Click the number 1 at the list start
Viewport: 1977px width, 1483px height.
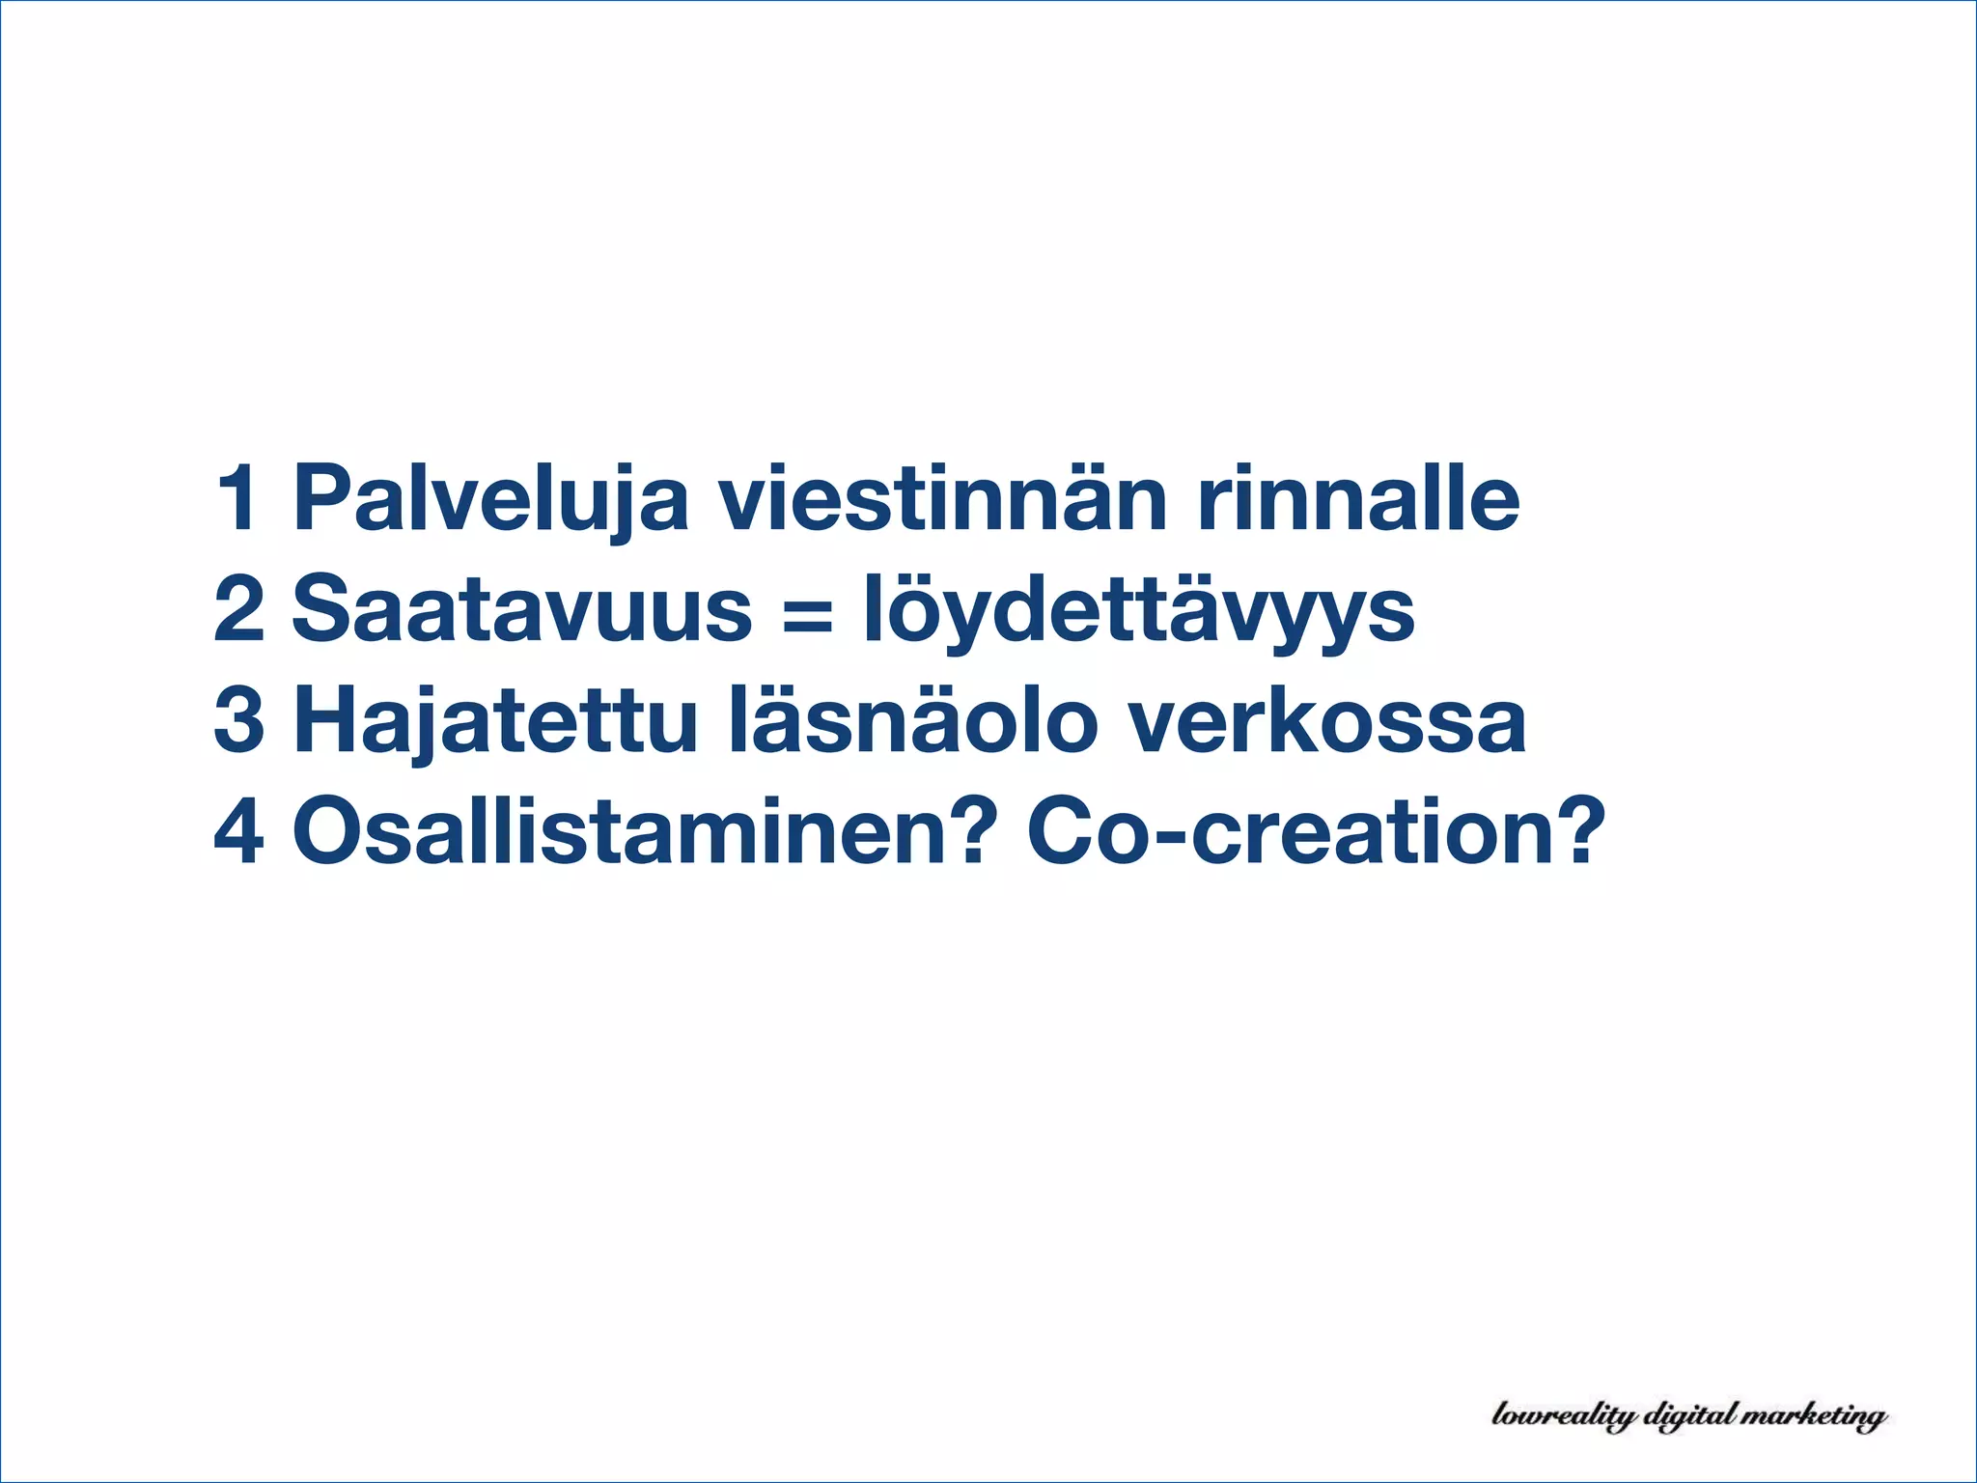[239, 498]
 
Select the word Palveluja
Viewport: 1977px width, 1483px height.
[490, 500]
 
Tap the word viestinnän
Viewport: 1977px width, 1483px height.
[941, 498]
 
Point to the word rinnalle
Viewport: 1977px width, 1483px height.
[1358, 498]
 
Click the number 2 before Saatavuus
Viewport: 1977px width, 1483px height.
[239, 609]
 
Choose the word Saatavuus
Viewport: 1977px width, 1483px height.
[521, 609]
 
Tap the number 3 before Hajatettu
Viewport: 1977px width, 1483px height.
[239, 720]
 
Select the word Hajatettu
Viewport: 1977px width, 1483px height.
[494, 722]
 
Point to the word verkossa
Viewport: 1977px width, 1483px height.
[1327, 722]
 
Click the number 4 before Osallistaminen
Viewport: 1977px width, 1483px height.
[239, 831]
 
